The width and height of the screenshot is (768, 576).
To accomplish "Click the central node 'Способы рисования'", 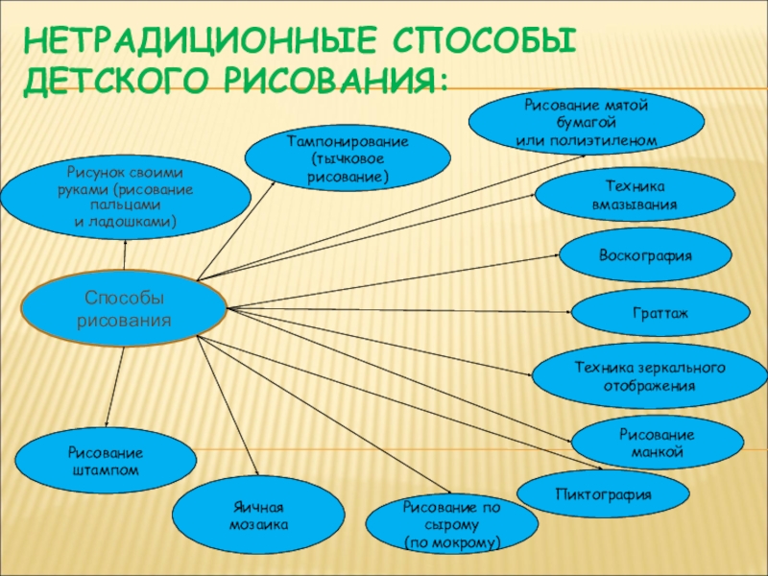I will pyautogui.click(x=124, y=308).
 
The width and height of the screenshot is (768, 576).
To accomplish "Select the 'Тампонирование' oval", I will pyautogui.click(x=348, y=159).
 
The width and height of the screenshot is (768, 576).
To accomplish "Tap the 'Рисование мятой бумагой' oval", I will pyautogui.click(x=587, y=122).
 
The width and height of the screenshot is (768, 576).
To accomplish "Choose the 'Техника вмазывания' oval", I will pyautogui.click(x=628, y=196).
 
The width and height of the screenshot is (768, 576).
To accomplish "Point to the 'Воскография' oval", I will pyautogui.click(x=644, y=255).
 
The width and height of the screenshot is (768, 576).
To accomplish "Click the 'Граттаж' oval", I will pyautogui.click(x=660, y=313).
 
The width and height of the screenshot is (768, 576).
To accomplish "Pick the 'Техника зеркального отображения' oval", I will pyautogui.click(x=649, y=376).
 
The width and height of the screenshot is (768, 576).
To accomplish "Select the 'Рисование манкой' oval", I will pyautogui.click(x=657, y=443).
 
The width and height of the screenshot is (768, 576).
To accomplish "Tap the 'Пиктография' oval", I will pyautogui.click(x=604, y=494).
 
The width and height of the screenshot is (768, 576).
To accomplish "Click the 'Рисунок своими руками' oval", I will pyautogui.click(x=126, y=197).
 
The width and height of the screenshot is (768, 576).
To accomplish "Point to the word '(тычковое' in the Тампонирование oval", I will pyautogui.click(x=348, y=159).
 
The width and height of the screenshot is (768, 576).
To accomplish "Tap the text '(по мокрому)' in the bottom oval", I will pyautogui.click(x=439, y=542).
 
